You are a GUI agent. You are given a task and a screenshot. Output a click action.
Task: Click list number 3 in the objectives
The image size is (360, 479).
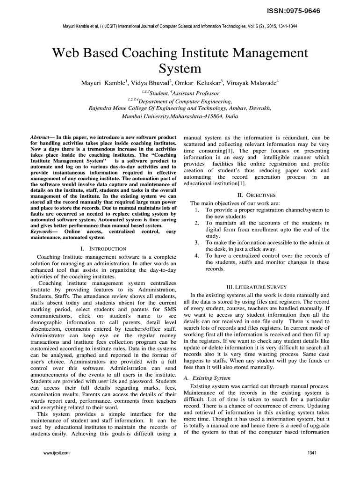[197, 243]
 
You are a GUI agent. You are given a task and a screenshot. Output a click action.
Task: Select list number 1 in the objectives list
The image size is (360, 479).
[197, 210]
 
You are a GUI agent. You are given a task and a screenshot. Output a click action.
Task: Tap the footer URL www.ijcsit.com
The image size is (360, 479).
[56, 453]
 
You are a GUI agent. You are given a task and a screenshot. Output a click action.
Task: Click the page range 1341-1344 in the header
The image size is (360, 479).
[286, 26]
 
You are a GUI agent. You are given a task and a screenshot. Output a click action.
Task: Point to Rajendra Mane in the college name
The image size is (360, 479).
[108, 109]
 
